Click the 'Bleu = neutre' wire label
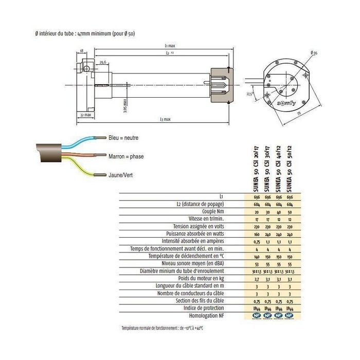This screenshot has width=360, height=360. (x=123, y=138)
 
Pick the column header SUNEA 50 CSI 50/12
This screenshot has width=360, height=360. (x=291, y=168)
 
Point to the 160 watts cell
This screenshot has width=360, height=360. (x=257, y=234)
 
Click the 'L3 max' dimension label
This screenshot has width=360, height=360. (x=165, y=119)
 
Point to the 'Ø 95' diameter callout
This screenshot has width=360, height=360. (x=314, y=53)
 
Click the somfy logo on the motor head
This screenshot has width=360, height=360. (x=287, y=103)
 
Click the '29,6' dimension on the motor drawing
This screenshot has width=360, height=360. (x=103, y=62)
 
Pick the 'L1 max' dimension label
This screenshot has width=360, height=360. (x=166, y=47)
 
